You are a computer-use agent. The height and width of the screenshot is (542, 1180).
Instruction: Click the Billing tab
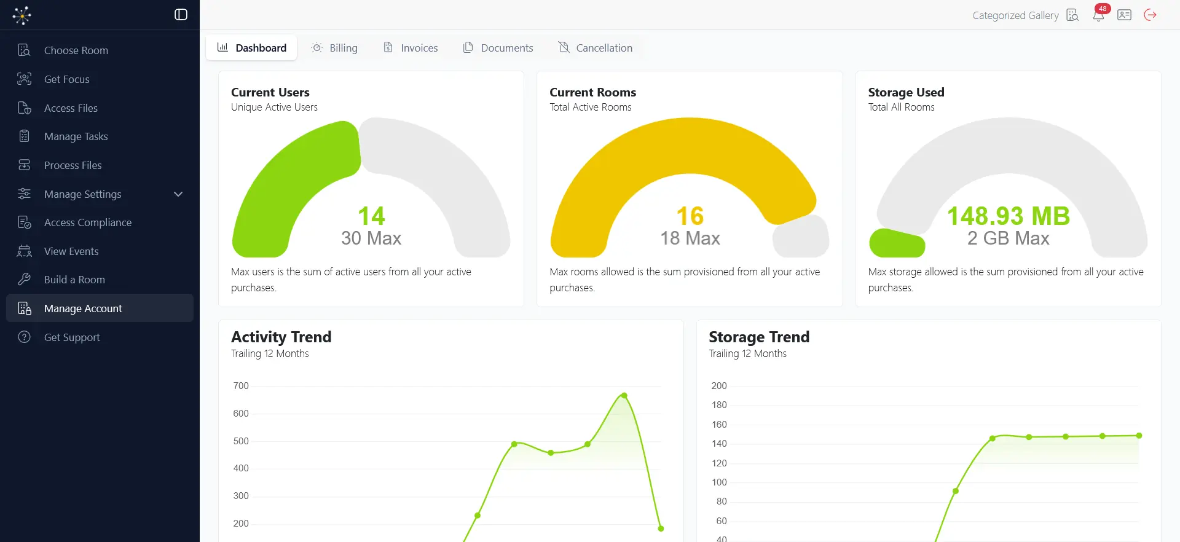334,48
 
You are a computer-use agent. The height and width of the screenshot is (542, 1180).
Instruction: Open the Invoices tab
411,48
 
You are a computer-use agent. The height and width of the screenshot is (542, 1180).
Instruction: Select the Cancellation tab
595,48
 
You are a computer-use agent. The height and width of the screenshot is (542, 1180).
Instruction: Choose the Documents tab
498,48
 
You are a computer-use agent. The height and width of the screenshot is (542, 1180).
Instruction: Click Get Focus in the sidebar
66,79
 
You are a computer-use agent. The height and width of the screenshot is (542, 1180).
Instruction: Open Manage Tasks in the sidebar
76,136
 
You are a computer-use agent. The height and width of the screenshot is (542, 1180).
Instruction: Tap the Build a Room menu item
74,280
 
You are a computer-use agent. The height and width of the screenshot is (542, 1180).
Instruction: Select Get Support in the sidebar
72,337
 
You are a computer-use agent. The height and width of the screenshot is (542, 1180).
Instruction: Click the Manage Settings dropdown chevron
178,194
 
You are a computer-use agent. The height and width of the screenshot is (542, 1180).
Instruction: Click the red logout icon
1150,15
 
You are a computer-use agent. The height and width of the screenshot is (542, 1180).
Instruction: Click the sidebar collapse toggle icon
181,15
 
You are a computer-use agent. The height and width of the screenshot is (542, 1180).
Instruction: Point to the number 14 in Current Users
371,216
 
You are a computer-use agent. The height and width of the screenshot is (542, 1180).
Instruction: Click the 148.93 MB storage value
1009,216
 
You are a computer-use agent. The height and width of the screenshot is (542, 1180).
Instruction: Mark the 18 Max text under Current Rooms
690,238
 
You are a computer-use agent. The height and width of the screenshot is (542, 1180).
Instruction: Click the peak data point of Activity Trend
624,396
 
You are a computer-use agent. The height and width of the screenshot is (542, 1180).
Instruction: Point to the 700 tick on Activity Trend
241,386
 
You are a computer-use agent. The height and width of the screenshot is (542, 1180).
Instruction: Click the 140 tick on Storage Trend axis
719,444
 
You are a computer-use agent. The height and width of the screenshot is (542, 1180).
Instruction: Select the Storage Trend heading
759,337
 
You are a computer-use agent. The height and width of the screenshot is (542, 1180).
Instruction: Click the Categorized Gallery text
1015,15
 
